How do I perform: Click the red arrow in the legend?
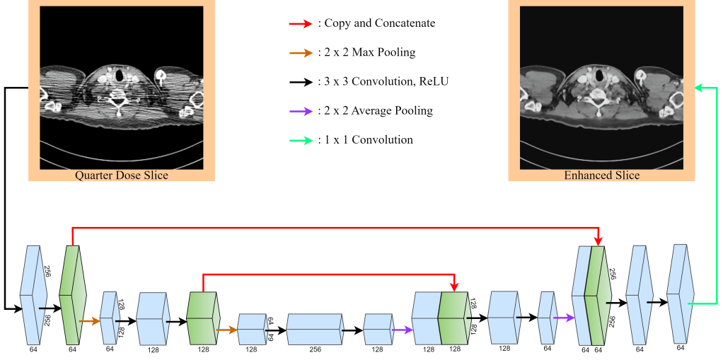tap(300, 24)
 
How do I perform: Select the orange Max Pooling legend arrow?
tap(300, 52)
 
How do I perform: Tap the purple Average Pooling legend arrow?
tap(300, 110)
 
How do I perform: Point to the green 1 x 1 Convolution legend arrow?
tap(300, 140)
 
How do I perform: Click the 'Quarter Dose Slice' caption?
tap(122, 175)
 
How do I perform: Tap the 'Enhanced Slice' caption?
tap(602, 175)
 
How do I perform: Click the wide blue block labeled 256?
tap(313, 330)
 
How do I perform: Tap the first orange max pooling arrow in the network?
tap(90, 321)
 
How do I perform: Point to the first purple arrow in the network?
tap(403, 330)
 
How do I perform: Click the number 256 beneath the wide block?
tap(313, 349)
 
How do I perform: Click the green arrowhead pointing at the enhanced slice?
tap(697, 88)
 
